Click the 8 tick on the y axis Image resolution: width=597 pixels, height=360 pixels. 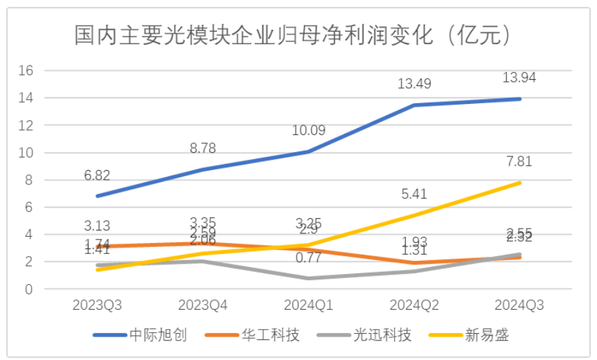coord(28,180)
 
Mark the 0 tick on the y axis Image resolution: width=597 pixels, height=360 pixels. coord(28,289)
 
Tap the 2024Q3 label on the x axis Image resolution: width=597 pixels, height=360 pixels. coord(519,304)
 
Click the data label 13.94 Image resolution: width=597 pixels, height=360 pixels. coord(519,78)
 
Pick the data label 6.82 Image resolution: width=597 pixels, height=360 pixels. coord(96,175)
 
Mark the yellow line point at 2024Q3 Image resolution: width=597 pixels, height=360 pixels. coord(519,182)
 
